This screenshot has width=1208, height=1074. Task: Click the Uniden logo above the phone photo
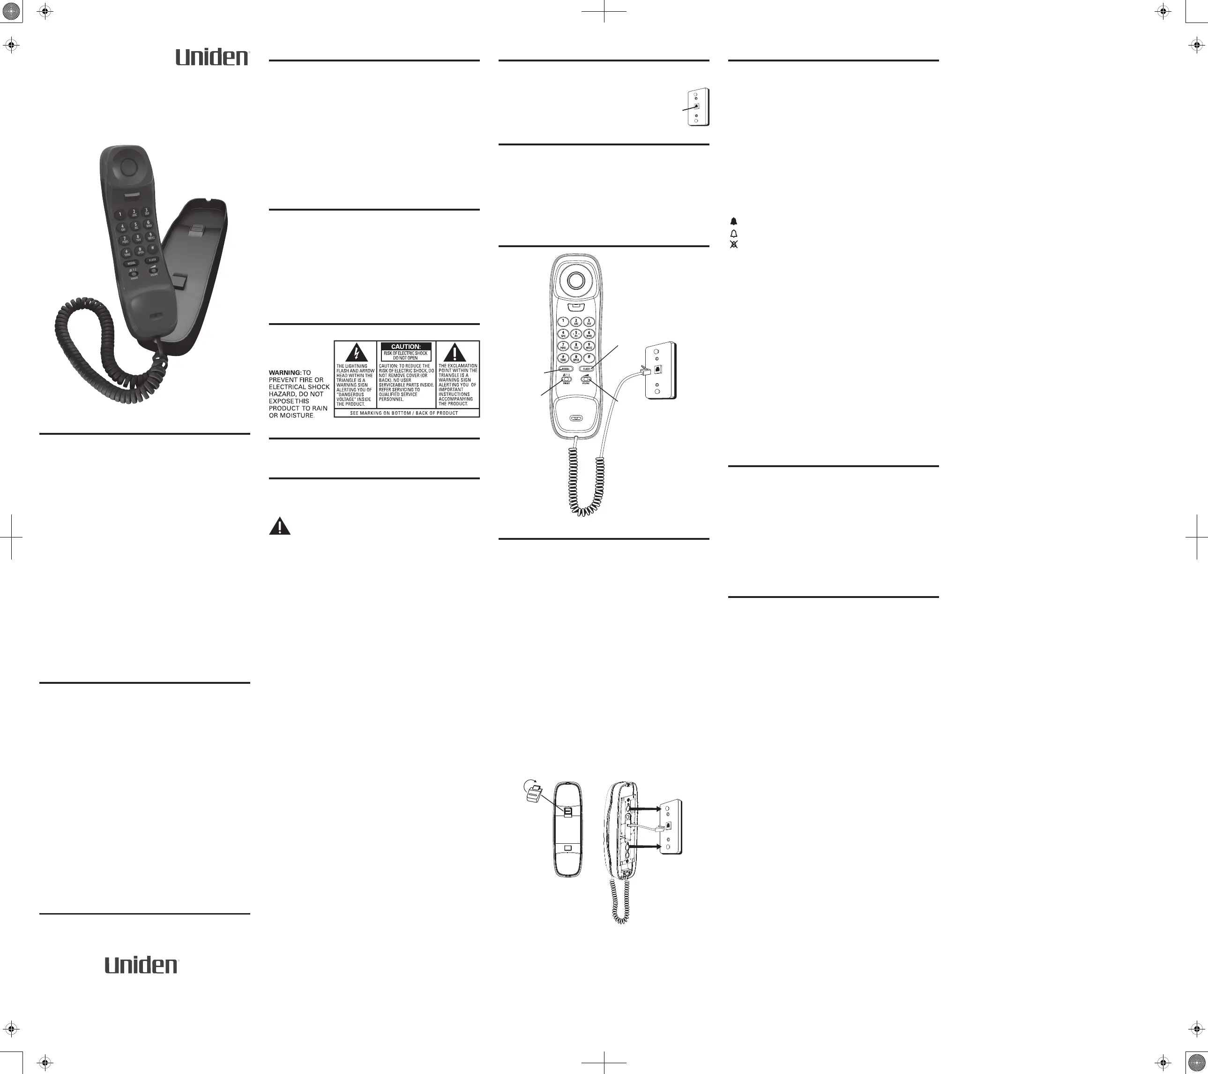click(212, 57)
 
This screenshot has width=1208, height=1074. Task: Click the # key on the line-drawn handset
click(589, 358)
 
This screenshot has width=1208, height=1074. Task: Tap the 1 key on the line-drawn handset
click(563, 321)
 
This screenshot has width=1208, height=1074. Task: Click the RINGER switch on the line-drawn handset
click(566, 380)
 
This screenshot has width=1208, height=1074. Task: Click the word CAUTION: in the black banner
click(405, 347)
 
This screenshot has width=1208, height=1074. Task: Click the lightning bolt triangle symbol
click(356, 353)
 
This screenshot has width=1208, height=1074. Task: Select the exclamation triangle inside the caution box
click(455, 353)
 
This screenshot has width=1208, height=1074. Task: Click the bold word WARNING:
click(285, 372)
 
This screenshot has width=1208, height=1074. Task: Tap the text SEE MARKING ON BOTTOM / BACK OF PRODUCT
click(404, 413)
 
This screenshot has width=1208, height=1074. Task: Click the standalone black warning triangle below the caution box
click(280, 526)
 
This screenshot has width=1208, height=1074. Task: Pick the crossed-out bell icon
click(734, 244)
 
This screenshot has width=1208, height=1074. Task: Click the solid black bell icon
click(734, 221)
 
